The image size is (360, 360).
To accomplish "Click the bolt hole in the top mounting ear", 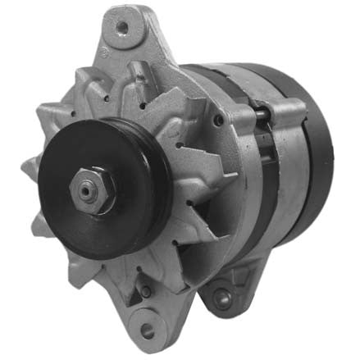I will [x=121, y=27].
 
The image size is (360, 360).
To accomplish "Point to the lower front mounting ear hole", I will [x=148, y=330].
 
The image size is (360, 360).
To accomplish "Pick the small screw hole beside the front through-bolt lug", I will [x=217, y=121].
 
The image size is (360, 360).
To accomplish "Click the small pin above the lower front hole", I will [x=144, y=291].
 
